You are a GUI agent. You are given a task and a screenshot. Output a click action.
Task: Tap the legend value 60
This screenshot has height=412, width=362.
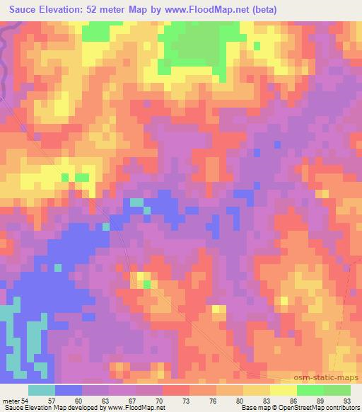click(88, 400)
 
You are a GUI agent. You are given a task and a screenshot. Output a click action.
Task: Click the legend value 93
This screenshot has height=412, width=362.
click(346, 400)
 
